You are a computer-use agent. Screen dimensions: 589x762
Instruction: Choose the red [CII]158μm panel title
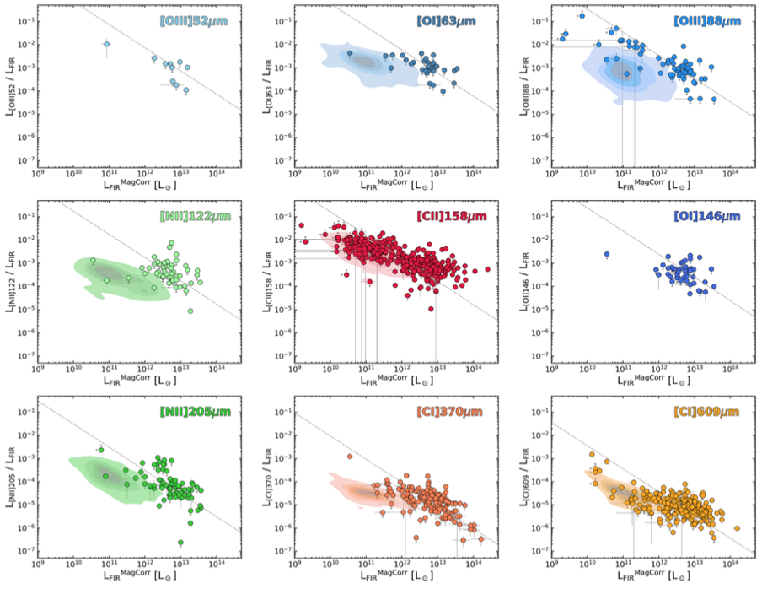click(451, 216)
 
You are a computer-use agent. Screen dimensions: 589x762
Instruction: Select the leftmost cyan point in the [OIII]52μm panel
click(106, 44)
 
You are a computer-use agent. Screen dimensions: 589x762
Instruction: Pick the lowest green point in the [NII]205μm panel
click(180, 543)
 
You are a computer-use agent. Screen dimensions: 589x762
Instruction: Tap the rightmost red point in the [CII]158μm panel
click(486, 270)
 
